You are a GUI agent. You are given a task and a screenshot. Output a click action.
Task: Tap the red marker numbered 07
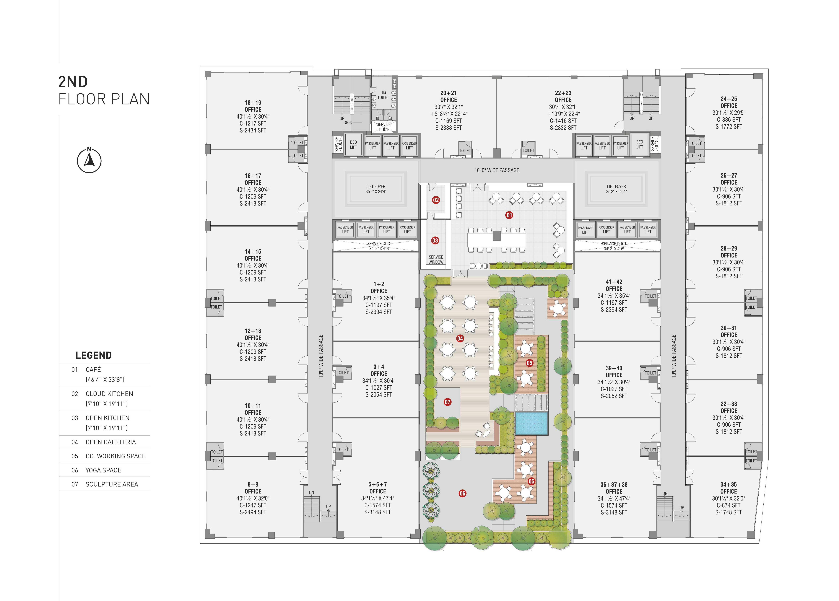(448, 402)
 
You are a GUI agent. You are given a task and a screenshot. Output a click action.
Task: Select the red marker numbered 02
(436, 200)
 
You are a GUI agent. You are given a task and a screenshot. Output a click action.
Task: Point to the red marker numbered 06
(462, 493)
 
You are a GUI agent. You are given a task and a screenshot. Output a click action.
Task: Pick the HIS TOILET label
(383, 95)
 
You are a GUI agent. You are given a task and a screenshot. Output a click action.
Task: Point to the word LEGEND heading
(94, 355)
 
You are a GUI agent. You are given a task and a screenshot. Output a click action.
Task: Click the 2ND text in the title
(73, 82)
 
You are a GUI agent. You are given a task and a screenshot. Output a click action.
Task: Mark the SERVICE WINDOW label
(436, 259)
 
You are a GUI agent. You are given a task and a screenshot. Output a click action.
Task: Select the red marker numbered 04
(460, 338)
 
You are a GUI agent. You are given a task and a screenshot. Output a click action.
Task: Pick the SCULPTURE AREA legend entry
(112, 484)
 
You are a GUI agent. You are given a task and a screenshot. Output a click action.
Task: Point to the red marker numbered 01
(509, 215)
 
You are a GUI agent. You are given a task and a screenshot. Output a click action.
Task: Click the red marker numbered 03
(435, 241)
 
